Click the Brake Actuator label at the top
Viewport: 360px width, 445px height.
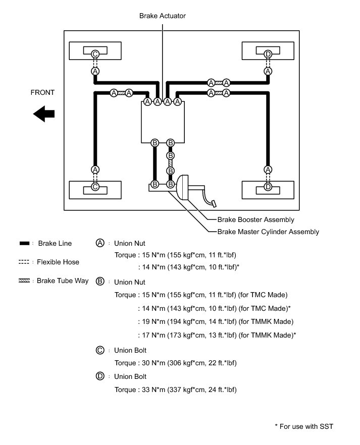pyautogui.click(x=162, y=16)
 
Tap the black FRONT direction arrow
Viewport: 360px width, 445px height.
pyautogui.click(x=44, y=114)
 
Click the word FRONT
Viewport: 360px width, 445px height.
pyautogui.click(x=42, y=93)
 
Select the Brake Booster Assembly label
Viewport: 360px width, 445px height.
pyautogui.click(x=255, y=220)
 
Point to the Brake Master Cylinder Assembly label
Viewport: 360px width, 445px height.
pyautogui.click(x=268, y=232)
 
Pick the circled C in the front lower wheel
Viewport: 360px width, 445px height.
pyautogui.click(x=95, y=187)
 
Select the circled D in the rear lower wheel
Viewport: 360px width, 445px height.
pyautogui.click(x=268, y=187)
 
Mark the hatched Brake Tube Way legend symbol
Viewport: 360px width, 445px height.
pyautogui.click(x=24, y=281)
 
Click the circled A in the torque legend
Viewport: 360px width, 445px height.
pyautogui.click(x=100, y=243)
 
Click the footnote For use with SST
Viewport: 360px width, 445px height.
pyautogui.click(x=303, y=427)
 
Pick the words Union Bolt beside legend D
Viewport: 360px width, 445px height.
pyautogui.click(x=130, y=376)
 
